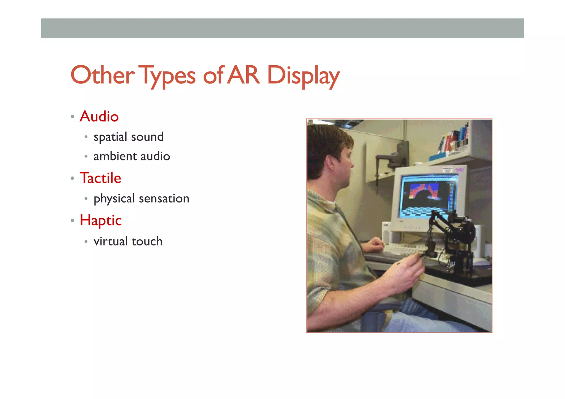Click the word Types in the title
pos(168,75)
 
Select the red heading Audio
pos(99,116)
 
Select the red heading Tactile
pos(100,178)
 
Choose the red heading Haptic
pos(101,220)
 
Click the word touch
pos(147,241)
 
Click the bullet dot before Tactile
pos(72,178)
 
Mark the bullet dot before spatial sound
pos(86,137)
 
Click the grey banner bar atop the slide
pos(282,28)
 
